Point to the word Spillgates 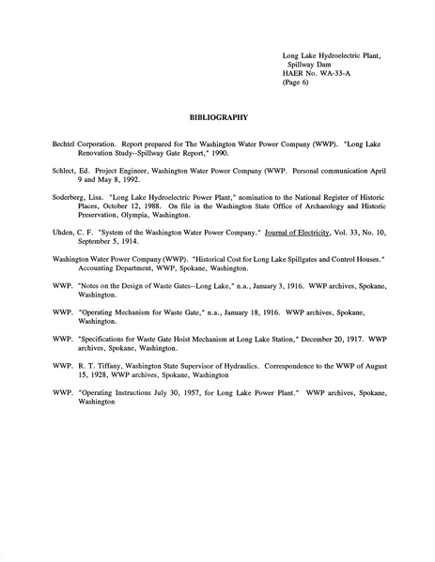(287, 256)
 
